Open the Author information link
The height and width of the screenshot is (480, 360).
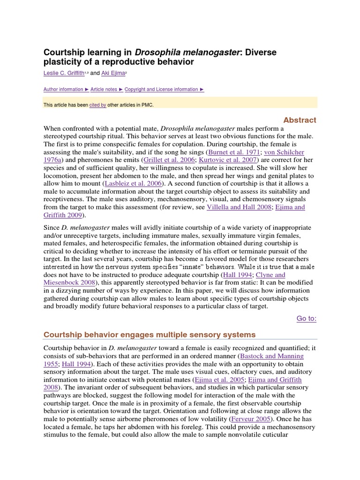pos(63,89)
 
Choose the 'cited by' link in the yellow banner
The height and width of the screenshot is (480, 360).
pos(97,105)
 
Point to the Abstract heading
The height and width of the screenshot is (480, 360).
pos(299,120)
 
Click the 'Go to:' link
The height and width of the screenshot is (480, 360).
pos(307,319)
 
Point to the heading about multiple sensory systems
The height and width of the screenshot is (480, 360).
pos(150,335)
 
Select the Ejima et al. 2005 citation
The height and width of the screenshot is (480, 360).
pos(217,380)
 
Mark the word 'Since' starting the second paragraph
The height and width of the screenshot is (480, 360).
pos(52,228)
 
